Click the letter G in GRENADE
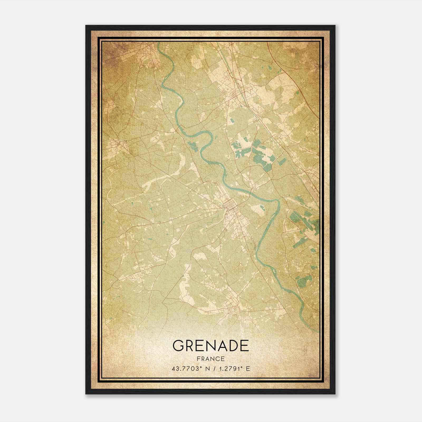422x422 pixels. click(x=179, y=346)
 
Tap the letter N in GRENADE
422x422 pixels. click(x=211, y=346)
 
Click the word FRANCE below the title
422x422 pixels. click(x=211, y=359)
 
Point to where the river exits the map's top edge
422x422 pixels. click(x=159, y=44)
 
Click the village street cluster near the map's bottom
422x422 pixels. click(x=233, y=313)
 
